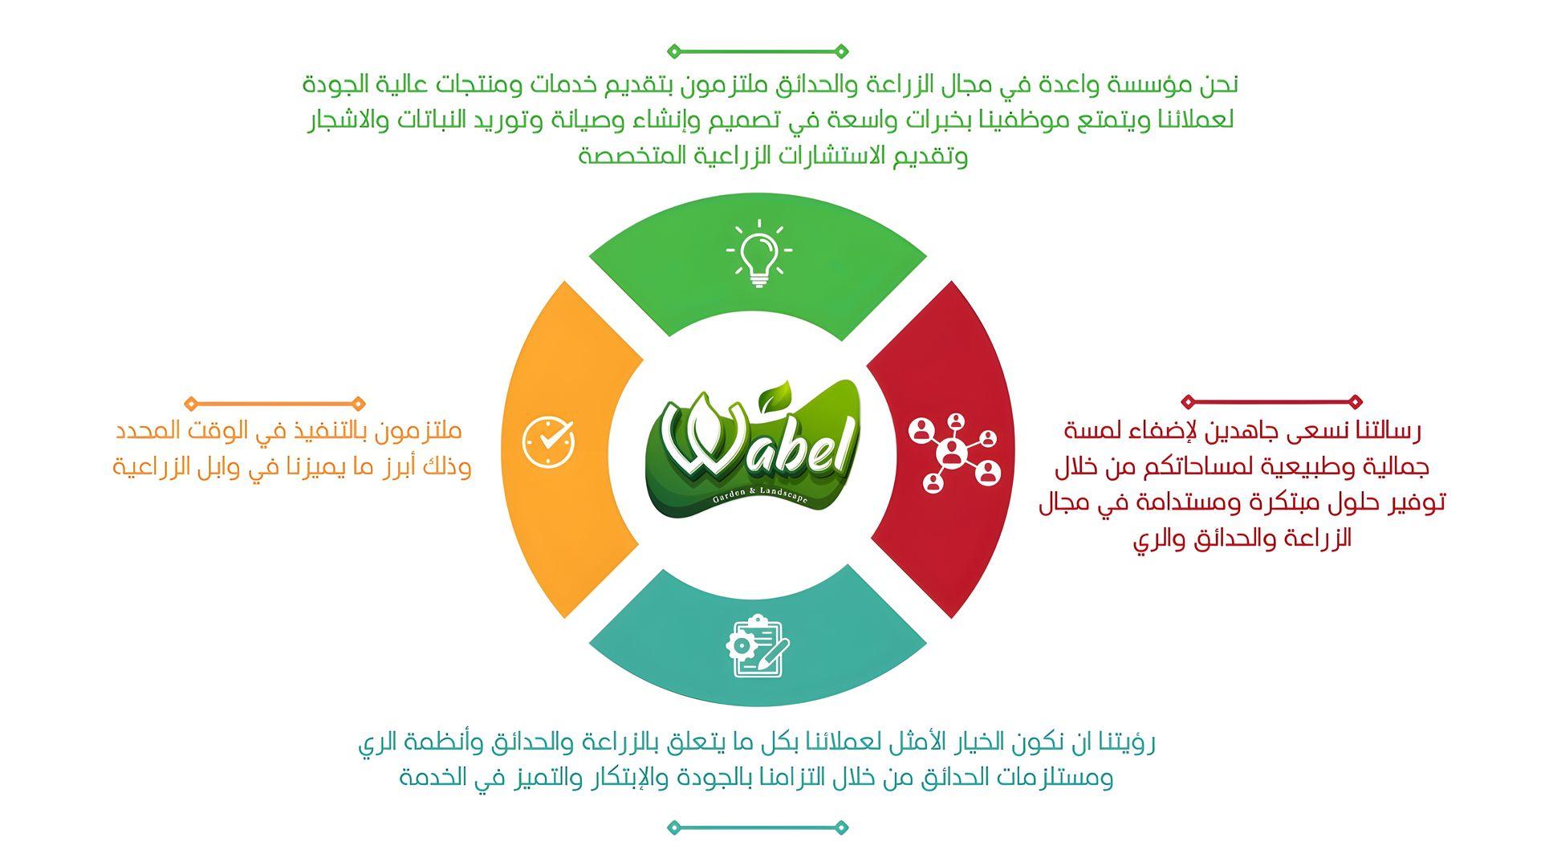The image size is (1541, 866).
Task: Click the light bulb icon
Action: (758, 253)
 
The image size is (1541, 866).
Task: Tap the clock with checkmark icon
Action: (549, 441)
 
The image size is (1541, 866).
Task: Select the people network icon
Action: (955, 453)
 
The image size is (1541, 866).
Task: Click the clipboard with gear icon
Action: (758, 646)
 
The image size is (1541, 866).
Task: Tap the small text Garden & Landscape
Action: (759, 496)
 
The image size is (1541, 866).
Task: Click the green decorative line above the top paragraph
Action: (758, 51)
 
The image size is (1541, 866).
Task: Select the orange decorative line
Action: (274, 403)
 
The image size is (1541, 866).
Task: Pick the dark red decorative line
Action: (1272, 401)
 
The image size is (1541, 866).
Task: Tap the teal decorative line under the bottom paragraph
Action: (758, 827)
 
